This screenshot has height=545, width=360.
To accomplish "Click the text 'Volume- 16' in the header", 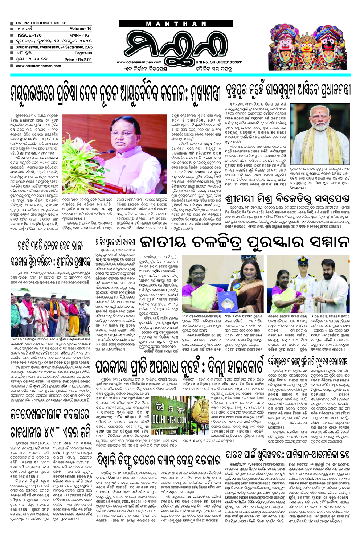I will tap(80, 28).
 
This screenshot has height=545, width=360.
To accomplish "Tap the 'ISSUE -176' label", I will tap(29, 35).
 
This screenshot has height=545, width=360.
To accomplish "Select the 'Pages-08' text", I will tap(83, 53).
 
